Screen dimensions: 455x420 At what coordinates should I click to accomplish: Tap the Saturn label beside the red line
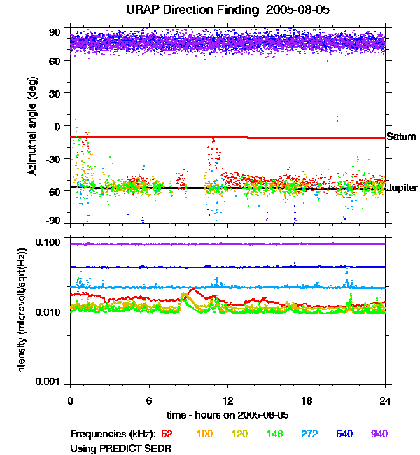click(x=402, y=136)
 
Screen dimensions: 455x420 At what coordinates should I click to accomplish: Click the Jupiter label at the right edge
click(x=402, y=188)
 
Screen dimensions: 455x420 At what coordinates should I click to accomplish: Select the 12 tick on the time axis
click(x=227, y=400)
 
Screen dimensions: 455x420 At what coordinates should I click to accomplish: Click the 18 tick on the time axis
click(x=307, y=400)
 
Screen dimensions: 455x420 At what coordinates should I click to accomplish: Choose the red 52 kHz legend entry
click(x=167, y=435)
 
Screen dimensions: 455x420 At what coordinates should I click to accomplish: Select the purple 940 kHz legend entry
click(x=379, y=435)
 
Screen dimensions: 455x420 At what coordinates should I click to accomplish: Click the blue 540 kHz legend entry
click(x=344, y=435)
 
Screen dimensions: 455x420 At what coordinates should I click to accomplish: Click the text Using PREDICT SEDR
click(x=120, y=448)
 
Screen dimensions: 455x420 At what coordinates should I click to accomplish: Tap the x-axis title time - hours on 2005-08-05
click(x=227, y=414)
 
